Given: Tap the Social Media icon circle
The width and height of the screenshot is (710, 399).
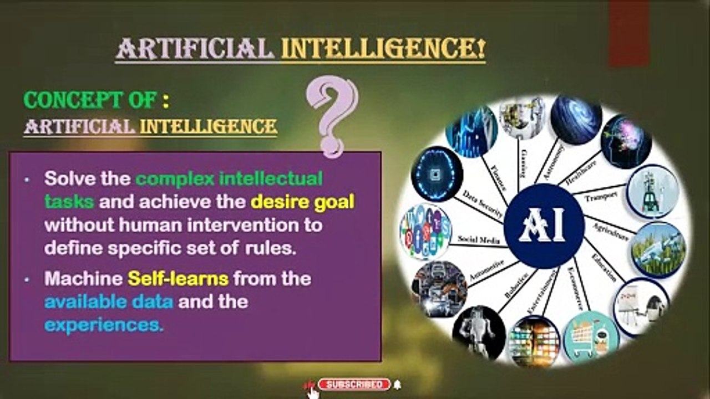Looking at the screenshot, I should click(x=425, y=232).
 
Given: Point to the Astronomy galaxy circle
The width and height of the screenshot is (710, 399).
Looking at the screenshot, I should click(x=576, y=120).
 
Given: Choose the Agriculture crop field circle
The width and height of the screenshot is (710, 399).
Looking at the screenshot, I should click(x=658, y=249).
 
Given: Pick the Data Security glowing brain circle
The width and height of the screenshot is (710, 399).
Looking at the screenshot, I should click(x=437, y=173).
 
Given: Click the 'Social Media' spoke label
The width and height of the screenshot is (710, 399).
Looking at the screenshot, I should click(x=479, y=239).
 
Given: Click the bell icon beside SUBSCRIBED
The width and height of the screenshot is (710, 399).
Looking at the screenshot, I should click(x=397, y=385).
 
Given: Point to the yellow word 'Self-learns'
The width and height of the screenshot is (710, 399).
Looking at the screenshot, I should click(x=178, y=278).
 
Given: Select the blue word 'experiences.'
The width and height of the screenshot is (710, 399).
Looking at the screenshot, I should click(x=104, y=325).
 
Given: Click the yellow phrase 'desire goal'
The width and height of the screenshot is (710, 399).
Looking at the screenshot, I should click(x=302, y=202).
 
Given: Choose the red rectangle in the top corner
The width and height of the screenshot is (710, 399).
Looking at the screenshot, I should click(x=629, y=33).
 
